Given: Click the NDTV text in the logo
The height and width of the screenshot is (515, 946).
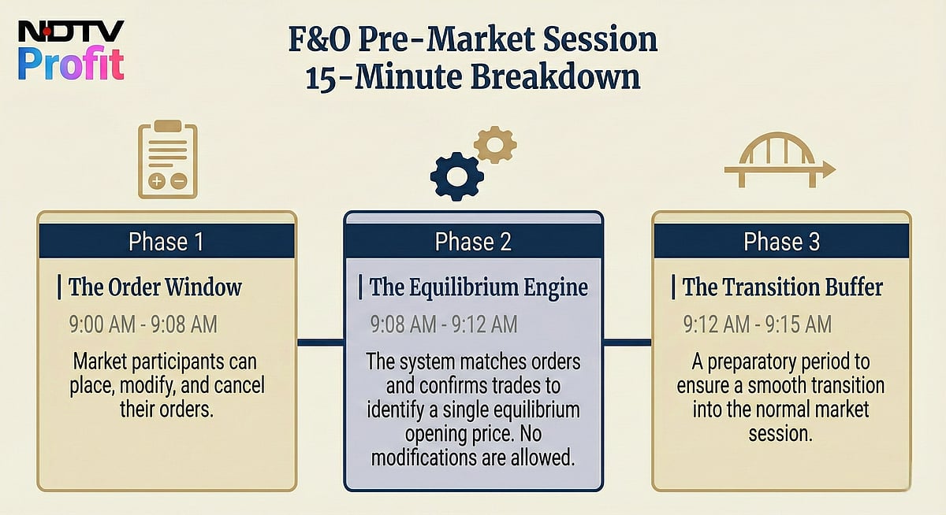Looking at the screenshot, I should tap(71, 32).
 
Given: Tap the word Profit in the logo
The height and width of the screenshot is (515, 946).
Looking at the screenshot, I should tap(71, 65).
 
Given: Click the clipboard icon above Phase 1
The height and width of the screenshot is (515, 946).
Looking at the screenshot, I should tap(167, 159).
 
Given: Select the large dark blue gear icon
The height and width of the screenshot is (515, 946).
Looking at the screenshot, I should tap(457, 175).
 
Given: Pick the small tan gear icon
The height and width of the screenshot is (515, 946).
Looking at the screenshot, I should tap(496, 145).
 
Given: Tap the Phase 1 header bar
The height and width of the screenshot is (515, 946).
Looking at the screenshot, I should tap(166, 242).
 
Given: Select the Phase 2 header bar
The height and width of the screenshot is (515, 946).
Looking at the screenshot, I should tap(473, 242).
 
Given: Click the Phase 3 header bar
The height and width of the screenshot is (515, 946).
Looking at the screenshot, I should tap(781, 242).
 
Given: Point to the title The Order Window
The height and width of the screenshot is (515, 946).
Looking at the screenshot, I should tap(155, 287).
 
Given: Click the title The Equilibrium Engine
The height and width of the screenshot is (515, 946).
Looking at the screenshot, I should tap(478, 287).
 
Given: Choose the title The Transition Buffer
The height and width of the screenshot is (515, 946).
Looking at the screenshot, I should tap(782, 287).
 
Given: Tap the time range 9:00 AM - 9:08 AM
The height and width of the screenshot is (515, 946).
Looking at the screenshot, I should tap(143, 324).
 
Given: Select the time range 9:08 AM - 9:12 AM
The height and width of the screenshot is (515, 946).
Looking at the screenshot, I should tap(444, 324).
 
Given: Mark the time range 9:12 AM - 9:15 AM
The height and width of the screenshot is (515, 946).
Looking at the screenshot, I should tap(757, 324).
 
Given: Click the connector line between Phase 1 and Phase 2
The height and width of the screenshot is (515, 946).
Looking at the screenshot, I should tap(320, 342).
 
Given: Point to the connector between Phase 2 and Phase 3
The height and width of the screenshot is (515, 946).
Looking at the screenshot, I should tap(628, 342).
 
